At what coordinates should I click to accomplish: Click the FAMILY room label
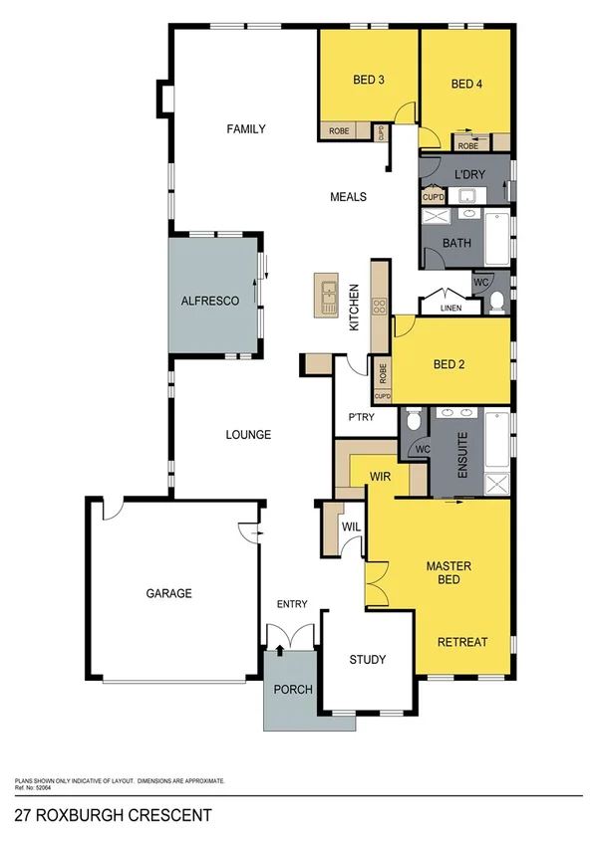[x=245, y=128]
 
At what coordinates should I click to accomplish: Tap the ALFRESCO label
[x=209, y=300]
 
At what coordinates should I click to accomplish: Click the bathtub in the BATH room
[x=494, y=240]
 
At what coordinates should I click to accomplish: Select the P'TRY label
[x=360, y=417]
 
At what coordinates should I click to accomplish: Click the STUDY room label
[x=366, y=659]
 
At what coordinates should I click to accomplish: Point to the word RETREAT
[x=462, y=642]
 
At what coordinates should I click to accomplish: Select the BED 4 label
[x=466, y=84]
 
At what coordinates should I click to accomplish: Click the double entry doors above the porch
[x=291, y=634]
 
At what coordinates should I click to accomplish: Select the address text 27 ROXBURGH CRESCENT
[x=113, y=815]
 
